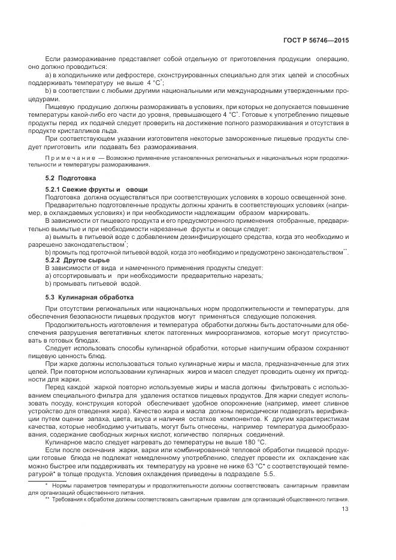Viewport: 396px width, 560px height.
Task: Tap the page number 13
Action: click(x=345, y=509)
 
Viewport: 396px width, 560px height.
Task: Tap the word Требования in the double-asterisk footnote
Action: click(x=70, y=498)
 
